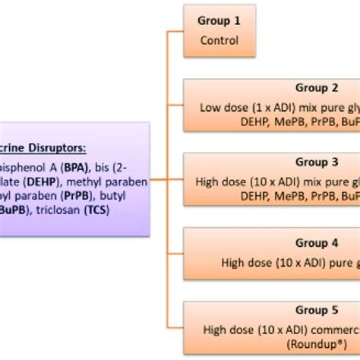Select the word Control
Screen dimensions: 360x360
[219, 40]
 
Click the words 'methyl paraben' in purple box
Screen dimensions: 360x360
[112, 182]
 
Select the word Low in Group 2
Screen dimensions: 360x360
[210, 107]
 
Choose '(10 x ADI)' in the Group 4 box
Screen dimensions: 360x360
[289, 263]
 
